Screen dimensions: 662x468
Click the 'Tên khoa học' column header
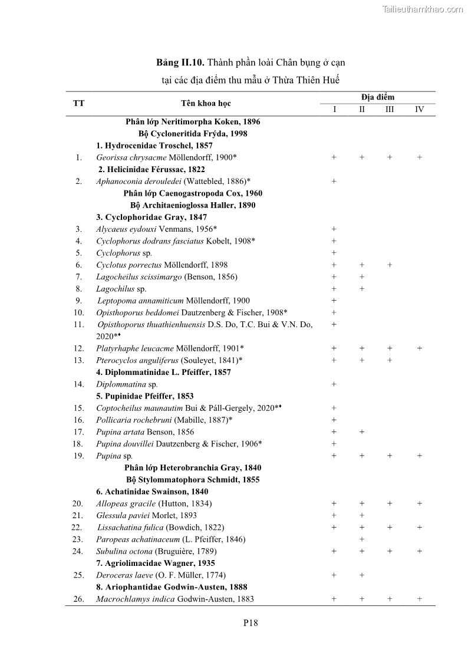tap(206, 103)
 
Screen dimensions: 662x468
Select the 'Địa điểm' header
tap(377, 97)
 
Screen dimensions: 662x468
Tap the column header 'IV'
tap(419, 110)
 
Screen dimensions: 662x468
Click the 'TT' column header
tap(78, 103)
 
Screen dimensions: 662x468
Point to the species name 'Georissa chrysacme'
tap(131, 157)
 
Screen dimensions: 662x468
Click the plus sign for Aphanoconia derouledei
tap(334, 181)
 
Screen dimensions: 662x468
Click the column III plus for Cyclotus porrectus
tap(390, 265)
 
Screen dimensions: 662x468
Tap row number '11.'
tap(79, 324)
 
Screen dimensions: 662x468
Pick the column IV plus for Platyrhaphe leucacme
tap(419, 348)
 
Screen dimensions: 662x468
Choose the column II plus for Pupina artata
tap(362, 432)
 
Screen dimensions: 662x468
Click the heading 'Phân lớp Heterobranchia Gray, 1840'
tap(193, 467)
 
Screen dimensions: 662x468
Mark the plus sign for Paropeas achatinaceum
tap(362, 539)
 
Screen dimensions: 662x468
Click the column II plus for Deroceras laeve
tap(362, 575)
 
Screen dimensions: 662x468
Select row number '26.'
tap(78, 599)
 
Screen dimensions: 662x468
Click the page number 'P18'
tap(251, 623)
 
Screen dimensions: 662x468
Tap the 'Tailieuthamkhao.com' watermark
tap(423, 9)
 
